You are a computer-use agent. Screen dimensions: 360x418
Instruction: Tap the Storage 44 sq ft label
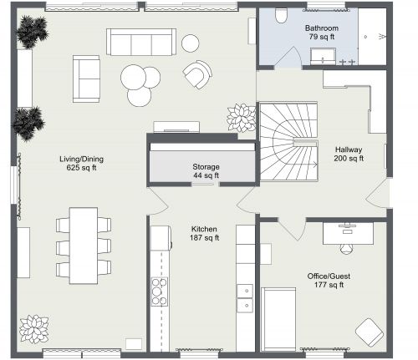(x=206, y=170)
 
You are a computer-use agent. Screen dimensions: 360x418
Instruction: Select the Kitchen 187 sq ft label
(x=204, y=232)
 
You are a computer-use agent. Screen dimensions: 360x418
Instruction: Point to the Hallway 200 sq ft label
(x=348, y=153)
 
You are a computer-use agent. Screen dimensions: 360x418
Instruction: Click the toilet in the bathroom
(x=281, y=16)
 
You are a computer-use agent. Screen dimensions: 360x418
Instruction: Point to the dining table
(x=83, y=243)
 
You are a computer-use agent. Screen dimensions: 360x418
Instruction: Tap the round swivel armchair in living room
(x=198, y=75)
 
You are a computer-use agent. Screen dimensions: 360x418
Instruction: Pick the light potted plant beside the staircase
(x=242, y=117)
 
